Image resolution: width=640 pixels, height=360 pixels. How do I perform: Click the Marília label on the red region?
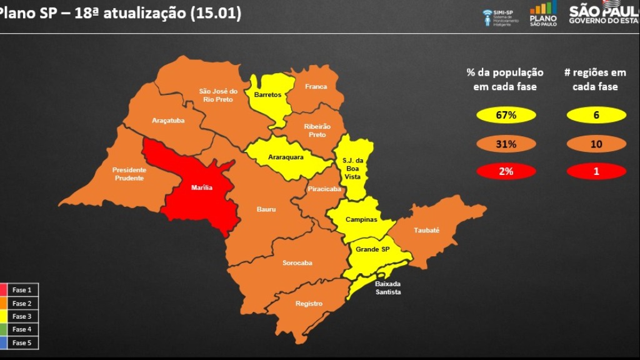[201, 187]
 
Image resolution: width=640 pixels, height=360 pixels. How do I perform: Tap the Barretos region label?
[267, 95]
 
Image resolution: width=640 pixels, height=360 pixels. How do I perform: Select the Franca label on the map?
[316, 87]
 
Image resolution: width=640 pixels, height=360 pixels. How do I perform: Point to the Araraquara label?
[286, 157]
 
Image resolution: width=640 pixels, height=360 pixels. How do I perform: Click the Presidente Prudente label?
[129, 174]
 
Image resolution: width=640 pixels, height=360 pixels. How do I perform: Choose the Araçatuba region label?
[168, 121]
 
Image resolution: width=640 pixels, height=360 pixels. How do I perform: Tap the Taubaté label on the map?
[426, 230]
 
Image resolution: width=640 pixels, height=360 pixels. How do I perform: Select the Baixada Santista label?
[388, 288]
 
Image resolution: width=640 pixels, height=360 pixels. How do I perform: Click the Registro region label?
[309, 304]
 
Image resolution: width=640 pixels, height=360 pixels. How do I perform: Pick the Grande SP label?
[372, 249]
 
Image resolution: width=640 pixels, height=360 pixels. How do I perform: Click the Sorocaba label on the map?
[297, 263]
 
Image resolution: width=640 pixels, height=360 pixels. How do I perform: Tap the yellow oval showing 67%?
[506, 116]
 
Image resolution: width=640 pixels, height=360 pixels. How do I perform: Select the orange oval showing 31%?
[506, 144]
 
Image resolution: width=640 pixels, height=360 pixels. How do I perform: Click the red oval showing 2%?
[506, 171]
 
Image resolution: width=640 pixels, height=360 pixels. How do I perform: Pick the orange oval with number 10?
[596, 144]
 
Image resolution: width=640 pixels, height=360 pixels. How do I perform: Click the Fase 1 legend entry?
[20, 290]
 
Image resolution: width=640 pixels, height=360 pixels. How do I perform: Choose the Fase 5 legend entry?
[20, 342]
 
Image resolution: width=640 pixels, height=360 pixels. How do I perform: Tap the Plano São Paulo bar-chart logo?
[543, 14]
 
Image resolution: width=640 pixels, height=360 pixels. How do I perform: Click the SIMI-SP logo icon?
[488, 17]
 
